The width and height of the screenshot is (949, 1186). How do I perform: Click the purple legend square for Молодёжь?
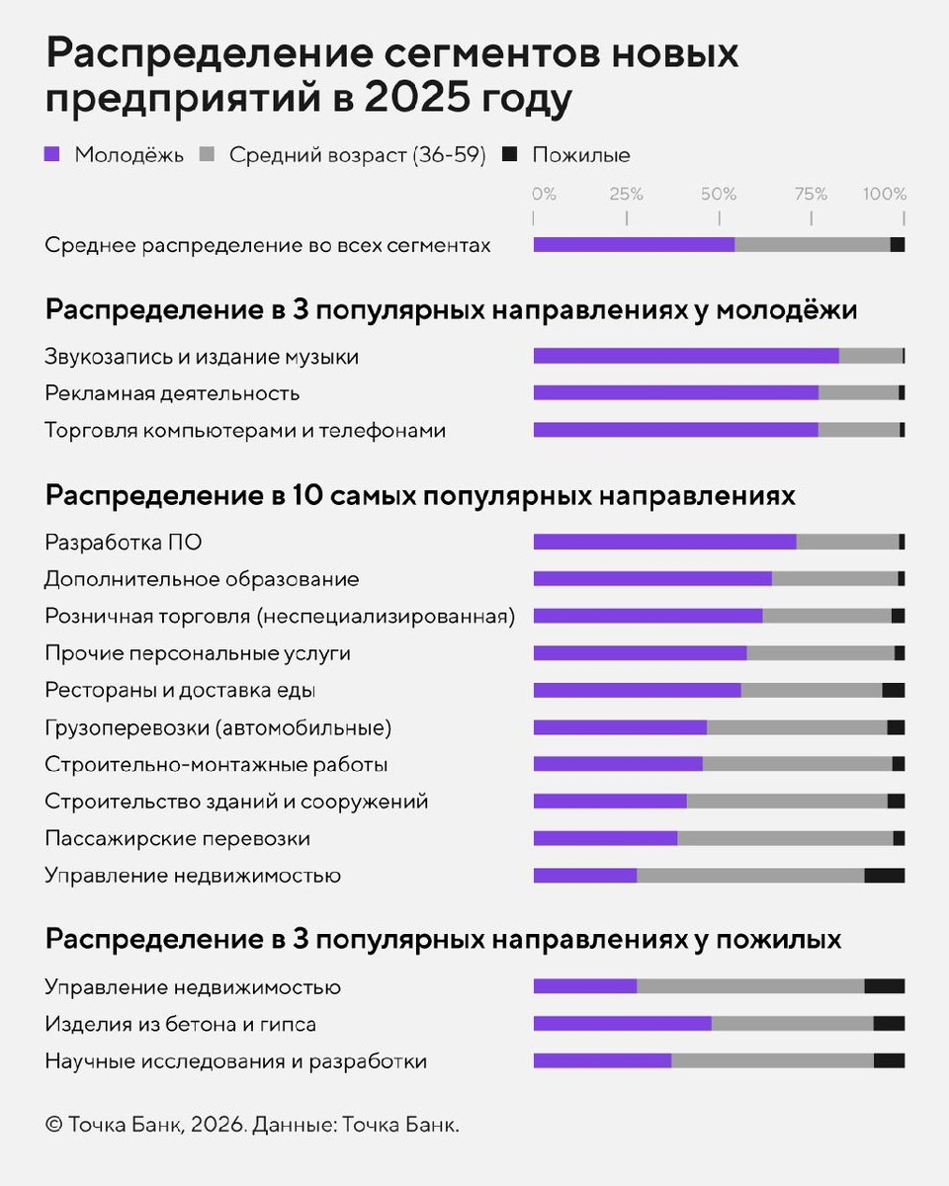(x=52, y=155)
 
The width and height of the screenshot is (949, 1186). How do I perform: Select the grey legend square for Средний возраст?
(x=208, y=155)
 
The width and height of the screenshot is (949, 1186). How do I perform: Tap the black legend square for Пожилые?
(x=510, y=155)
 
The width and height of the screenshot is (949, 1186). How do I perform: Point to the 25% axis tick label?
(x=627, y=194)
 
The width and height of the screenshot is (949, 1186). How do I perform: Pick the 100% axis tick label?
(x=884, y=194)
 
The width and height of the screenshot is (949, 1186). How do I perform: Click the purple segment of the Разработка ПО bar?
(x=664, y=542)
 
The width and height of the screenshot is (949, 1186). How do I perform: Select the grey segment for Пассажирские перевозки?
(x=785, y=838)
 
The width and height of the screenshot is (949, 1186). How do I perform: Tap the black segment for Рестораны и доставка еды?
(x=893, y=690)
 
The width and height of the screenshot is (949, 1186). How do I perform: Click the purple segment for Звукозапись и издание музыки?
(x=686, y=356)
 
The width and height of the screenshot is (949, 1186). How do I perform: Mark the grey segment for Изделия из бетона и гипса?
(x=792, y=1024)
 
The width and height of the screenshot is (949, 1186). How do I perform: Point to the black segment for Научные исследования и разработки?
(x=889, y=1060)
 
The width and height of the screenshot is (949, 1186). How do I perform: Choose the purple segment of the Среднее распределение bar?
(x=634, y=245)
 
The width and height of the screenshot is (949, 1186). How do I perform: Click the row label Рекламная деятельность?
(x=172, y=393)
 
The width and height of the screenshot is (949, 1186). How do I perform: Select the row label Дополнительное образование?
(x=202, y=579)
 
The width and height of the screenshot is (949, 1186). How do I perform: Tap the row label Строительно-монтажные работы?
(x=216, y=765)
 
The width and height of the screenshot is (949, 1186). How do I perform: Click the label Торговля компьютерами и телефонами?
(x=245, y=431)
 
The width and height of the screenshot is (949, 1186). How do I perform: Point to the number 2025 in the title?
(x=407, y=101)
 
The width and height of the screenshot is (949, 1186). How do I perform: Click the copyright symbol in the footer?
(x=53, y=1125)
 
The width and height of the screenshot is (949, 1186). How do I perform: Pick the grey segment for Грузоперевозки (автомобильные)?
(x=797, y=727)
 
